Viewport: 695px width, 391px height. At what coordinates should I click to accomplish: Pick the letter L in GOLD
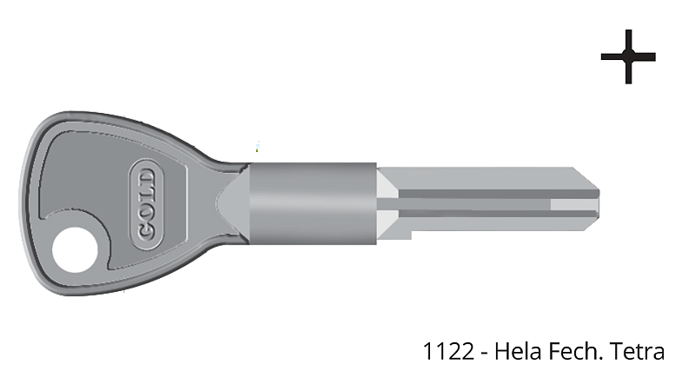click(146, 194)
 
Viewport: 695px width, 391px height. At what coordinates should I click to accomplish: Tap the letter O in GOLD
click(146, 212)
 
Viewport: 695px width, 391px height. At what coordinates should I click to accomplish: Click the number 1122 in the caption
click(446, 351)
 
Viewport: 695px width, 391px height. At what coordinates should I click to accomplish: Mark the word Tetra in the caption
click(637, 351)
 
